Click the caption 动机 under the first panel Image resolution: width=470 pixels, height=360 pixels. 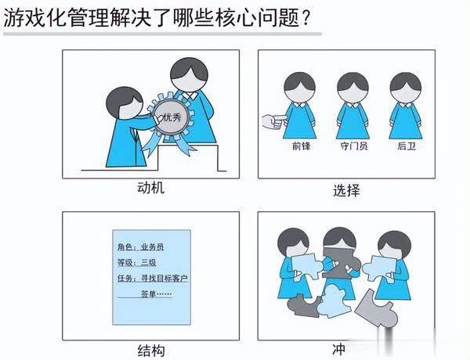(x=150, y=188)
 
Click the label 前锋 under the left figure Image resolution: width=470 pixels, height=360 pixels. (x=301, y=146)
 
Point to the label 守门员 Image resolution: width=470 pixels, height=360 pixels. (x=352, y=146)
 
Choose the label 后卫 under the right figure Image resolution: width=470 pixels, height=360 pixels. (x=406, y=146)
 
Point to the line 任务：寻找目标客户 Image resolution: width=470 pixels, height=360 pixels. (x=153, y=279)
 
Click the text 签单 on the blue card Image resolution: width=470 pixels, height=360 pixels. (x=149, y=293)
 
